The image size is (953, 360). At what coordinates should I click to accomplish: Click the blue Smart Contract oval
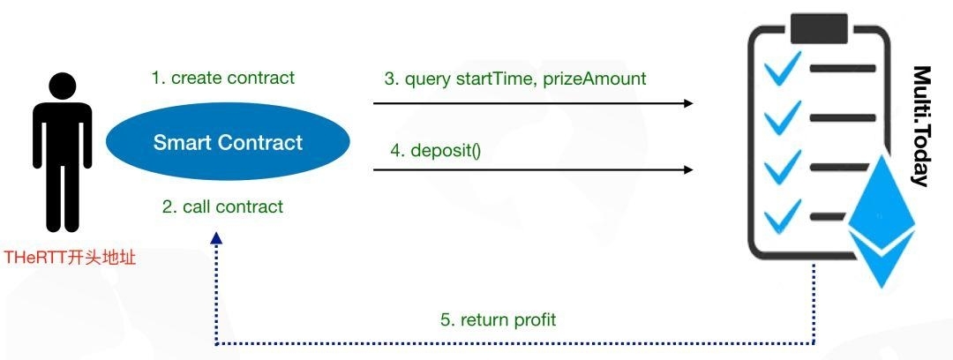(x=228, y=142)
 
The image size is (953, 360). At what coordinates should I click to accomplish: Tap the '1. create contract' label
(x=222, y=78)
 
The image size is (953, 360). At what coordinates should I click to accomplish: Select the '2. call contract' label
(x=222, y=206)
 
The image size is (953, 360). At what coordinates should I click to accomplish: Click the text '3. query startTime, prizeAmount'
(x=515, y=79)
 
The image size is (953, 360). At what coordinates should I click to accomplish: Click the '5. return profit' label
(x=498, y=319)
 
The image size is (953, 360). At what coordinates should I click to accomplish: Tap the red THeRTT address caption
(x=70, y=259)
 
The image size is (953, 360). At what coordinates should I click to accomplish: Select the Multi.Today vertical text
(x=920, y=125)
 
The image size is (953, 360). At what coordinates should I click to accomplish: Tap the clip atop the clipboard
(x=816, y=29)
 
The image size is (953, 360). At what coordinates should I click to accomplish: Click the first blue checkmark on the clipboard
(x=782, y=68)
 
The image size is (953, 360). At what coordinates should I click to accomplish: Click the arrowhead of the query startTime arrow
(x=687, y=103)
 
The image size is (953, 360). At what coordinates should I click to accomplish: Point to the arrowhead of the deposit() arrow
(x=687, y=170)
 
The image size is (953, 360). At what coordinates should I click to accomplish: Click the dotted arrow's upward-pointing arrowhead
(x=216, y=238)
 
